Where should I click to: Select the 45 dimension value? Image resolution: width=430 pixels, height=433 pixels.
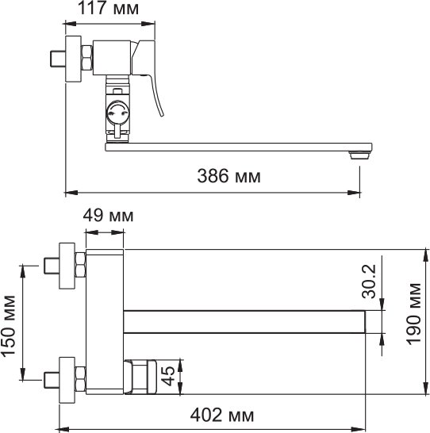click(x=169, y=376)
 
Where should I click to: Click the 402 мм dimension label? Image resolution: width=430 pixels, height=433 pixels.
click(x=221, y=414)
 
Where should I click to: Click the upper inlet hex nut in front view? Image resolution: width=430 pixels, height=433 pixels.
click(x=79, y=265)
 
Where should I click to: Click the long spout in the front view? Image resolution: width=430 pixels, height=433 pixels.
click(x=246, y=320)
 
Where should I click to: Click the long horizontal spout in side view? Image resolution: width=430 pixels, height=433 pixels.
click(x=238, y=147)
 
